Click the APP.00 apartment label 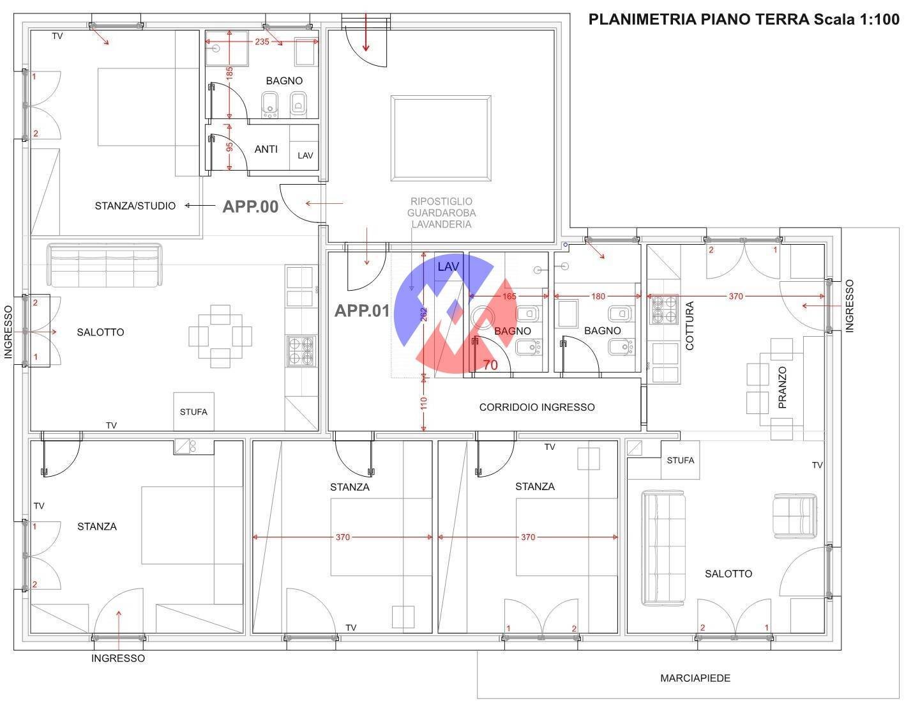[250, 207]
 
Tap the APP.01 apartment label [362, 311]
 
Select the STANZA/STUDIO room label [135, 206]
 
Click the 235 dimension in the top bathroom [262, 42]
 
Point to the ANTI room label [266, 149]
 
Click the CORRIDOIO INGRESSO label [537, 407]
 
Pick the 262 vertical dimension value [424, 314]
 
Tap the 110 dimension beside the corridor [424, 403]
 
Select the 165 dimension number [509, 296]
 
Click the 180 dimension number [598, 296]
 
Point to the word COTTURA [690, 326]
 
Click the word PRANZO [782, 388]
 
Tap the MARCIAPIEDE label [695, 679]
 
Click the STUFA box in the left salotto [193, 412]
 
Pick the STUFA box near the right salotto [681, 460]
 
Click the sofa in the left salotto [104, 265]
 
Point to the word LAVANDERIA [442, 224]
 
